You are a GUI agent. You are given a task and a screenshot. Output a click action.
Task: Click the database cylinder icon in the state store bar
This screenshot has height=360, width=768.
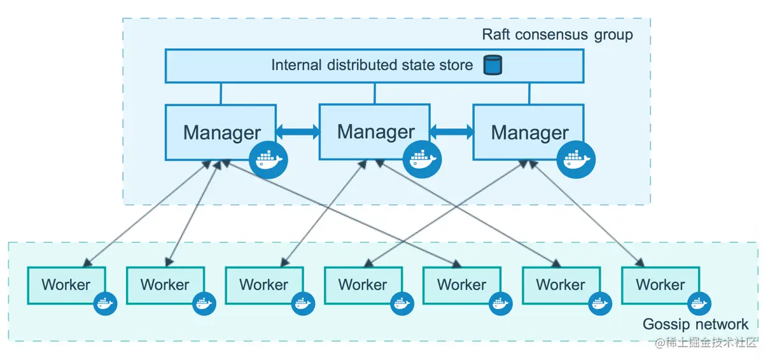coord(492,65)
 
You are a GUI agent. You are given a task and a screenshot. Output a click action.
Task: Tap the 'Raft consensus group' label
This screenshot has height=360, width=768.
coord(557,34)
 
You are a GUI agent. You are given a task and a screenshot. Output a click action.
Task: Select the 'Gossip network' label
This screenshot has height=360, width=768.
coord(695,324)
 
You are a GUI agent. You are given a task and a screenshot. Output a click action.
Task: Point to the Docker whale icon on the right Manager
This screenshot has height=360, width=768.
coord(576,159)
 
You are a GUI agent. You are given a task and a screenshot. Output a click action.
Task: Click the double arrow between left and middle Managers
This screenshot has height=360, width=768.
coord(298,132)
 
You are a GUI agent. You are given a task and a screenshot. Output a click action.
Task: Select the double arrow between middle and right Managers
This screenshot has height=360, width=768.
coord(452,132)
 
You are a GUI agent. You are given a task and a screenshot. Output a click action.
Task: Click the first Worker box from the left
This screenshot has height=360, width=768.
coord(66,285)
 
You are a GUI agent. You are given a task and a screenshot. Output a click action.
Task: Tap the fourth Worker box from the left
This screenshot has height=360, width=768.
coord(363,285)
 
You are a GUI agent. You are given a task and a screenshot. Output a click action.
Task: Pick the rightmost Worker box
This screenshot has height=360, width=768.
coord(660,285)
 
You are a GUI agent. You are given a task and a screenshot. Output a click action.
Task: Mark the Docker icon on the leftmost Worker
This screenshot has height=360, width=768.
coord(106,303)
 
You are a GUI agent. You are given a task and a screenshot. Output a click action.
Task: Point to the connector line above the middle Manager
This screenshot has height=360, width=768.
coord(375,93)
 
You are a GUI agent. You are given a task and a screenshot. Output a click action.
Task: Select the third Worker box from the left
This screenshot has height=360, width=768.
coord(264,285)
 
